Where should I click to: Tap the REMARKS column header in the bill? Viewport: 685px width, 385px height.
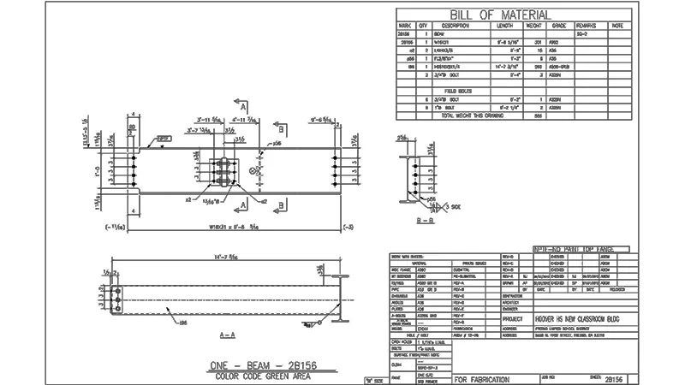587,27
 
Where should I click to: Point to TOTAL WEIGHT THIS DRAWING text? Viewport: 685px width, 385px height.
474,115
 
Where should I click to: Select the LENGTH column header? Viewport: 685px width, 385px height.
505,27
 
